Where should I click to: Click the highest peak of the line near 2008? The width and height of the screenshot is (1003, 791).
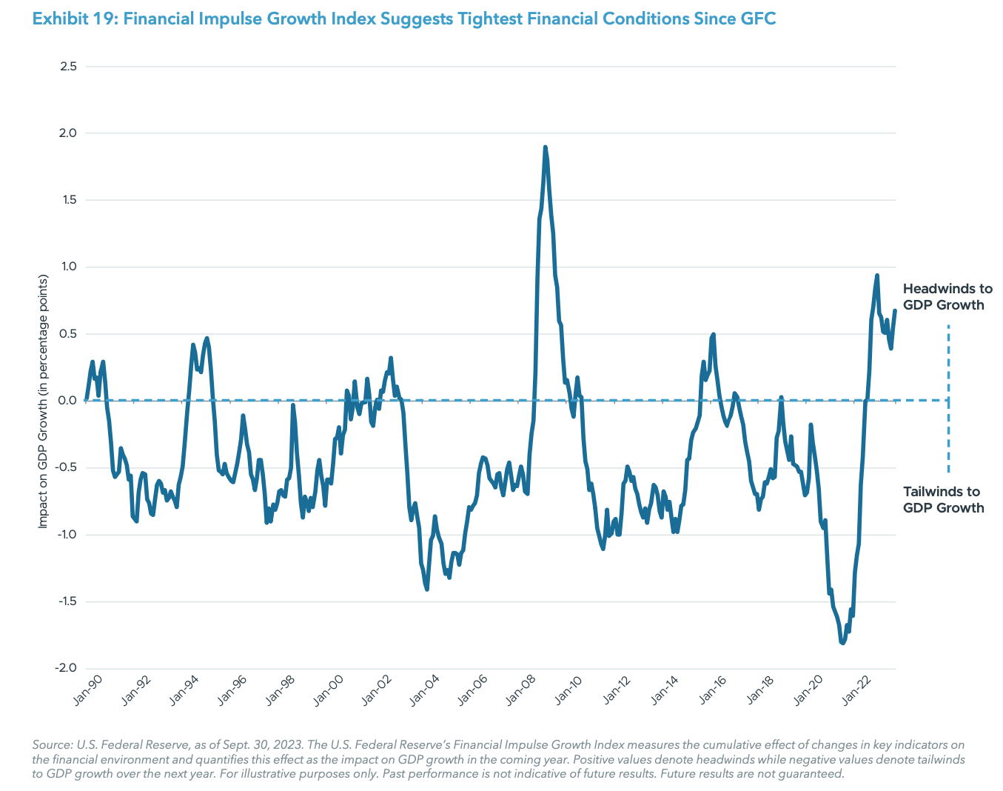click(x=545, y=147)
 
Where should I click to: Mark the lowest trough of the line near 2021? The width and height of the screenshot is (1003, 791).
click(x=842, y=643)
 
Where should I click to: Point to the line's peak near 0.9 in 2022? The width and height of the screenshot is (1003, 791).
click(x=877, y=276)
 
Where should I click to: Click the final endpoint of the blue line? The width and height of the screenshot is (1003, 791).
click(x=895, y=310)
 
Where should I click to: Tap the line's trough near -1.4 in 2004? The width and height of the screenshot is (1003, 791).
click(x=427, y=589)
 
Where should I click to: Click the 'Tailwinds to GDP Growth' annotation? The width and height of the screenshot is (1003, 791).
click(x=943, y=500)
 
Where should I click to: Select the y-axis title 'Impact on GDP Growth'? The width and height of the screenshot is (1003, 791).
click(x=43, y=401)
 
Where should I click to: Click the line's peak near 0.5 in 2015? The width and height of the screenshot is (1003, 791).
click(x=713, y=335)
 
